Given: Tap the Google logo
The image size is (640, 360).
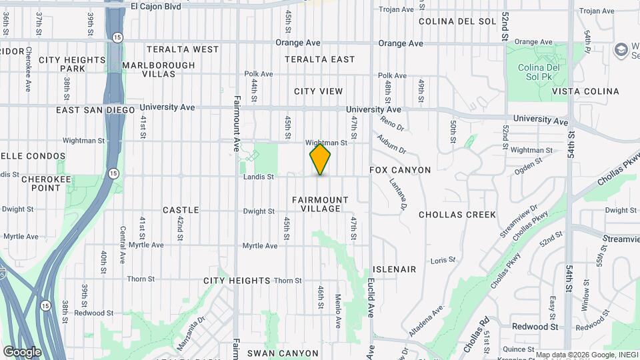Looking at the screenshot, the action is click(x=22, y=351).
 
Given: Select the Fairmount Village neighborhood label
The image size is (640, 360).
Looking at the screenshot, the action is click(x=320, y=204).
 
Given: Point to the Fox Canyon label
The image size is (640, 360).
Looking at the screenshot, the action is click(x=400, y=170).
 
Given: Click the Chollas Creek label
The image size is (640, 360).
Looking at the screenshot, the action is click(x=457, y=215).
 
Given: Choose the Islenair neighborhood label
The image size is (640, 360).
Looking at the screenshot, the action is click(x=395, y=269).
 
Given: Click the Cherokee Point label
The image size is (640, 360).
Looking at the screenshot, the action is click(x=41, y=183).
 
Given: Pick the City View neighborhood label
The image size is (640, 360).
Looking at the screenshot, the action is click(x=318, y=91).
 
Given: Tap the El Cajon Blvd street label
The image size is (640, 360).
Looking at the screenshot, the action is click(x=156, y=6).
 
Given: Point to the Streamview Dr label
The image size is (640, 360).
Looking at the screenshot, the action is click(x=519, y=221).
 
